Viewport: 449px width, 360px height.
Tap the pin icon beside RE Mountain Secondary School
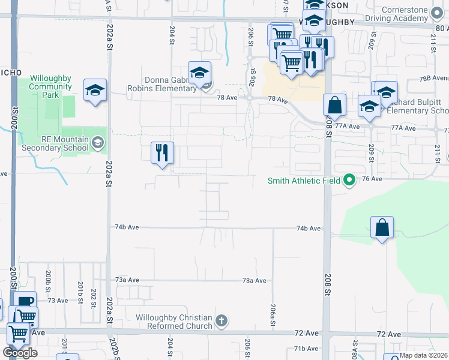98,143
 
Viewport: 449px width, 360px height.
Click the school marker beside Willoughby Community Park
95,91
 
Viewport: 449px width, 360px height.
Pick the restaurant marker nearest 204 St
161,153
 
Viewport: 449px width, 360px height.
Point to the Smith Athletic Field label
304,180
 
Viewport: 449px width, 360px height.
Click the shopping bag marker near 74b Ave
382,228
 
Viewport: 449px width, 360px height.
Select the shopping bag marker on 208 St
334,105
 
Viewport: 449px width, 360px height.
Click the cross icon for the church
221,321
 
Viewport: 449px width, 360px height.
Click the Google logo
20,353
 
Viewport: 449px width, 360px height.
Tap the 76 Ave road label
372,179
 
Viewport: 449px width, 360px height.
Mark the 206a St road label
273,314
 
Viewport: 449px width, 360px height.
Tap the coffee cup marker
25,302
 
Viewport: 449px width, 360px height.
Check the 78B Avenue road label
433,78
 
